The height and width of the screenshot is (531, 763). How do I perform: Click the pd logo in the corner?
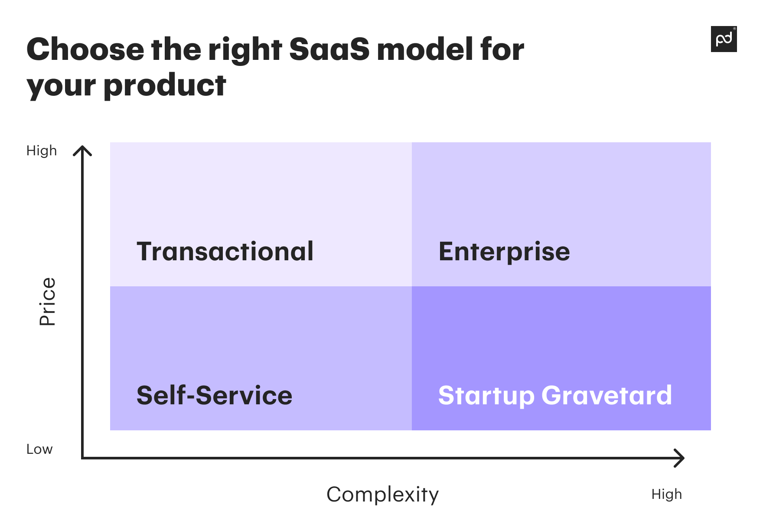coord(724,39)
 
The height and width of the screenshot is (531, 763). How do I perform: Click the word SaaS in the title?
coord(329,49)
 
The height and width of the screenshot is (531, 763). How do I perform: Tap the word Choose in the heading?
coord(85,49)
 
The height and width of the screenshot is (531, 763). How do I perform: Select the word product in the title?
coord(165,85)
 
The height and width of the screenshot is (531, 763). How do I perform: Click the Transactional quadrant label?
coord(225,252)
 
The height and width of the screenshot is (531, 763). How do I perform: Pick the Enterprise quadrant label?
coord(504,252)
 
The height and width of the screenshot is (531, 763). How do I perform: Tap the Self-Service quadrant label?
coord(214,395)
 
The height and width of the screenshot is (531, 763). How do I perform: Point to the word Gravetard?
coord(606,395)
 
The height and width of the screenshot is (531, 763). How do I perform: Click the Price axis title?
coord(47,302)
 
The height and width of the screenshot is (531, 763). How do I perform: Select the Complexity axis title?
coord(382,495)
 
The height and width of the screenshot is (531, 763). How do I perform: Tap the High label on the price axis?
coord(42,151)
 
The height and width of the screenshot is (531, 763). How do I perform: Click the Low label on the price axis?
coord(39,449)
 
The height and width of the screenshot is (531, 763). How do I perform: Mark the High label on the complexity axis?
coord(666,494)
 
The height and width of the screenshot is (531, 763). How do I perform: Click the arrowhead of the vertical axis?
coord(82,150)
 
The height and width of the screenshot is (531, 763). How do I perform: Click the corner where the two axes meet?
coord(82,458)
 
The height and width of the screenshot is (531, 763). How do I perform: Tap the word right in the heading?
coord(245,50)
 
